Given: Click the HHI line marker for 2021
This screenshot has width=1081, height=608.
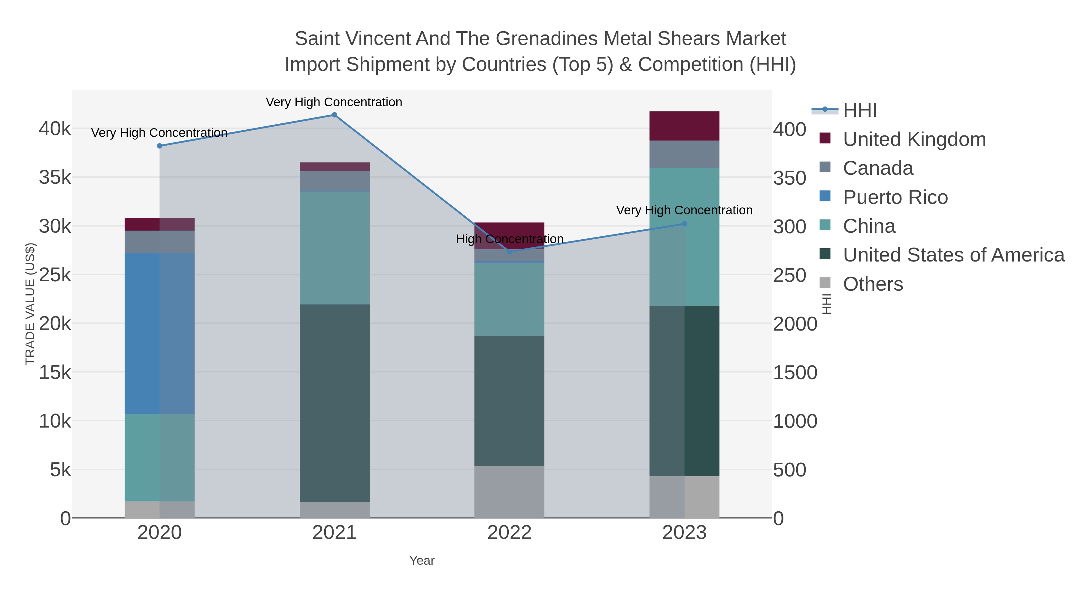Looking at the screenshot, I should [335, 115].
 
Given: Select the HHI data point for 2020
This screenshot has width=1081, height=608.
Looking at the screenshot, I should [159, 146].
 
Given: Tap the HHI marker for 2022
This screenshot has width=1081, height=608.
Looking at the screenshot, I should [510, 252].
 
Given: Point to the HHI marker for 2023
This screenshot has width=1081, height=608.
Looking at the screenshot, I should [684, 224].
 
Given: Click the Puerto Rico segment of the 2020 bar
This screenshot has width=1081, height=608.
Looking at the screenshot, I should [159, 334].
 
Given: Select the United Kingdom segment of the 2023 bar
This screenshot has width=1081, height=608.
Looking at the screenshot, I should [684, 126].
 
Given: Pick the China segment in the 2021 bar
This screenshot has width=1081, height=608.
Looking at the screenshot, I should [335, 248].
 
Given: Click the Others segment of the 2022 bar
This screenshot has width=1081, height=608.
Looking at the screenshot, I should [510, 492].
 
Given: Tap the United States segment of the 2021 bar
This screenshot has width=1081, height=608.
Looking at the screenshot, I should [335, 403].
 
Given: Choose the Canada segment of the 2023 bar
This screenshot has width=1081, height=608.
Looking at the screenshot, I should [684, 154].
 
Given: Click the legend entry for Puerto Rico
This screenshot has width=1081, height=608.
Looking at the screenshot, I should [895, 197].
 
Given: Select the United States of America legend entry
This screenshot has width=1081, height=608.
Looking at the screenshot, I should [953, 255].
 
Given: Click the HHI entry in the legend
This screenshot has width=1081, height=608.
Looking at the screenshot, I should [859, 110].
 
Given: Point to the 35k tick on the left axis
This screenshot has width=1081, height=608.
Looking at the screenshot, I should [55, 177].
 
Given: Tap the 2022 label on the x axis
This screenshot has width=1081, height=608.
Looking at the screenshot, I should [510, 533].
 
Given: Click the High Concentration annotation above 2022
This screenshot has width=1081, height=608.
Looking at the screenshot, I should [510, 239].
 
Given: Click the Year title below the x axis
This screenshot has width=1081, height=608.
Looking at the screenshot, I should [422, 561].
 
